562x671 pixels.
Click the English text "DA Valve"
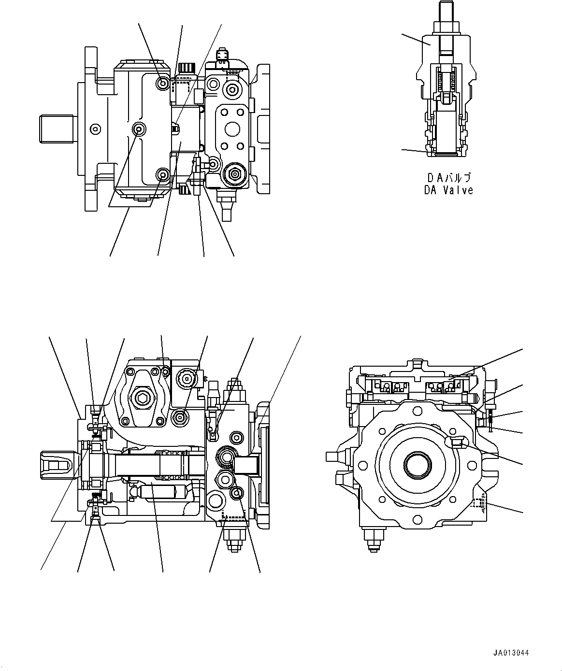[x=448, y=190]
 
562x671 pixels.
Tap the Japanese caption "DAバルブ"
[x=448, y=177]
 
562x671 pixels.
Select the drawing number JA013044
[x=511, y=653]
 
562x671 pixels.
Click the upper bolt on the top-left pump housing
[x=163, y=84]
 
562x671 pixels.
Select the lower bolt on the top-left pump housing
[x=163, y=174]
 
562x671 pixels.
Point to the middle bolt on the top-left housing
[x=140, y=129]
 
